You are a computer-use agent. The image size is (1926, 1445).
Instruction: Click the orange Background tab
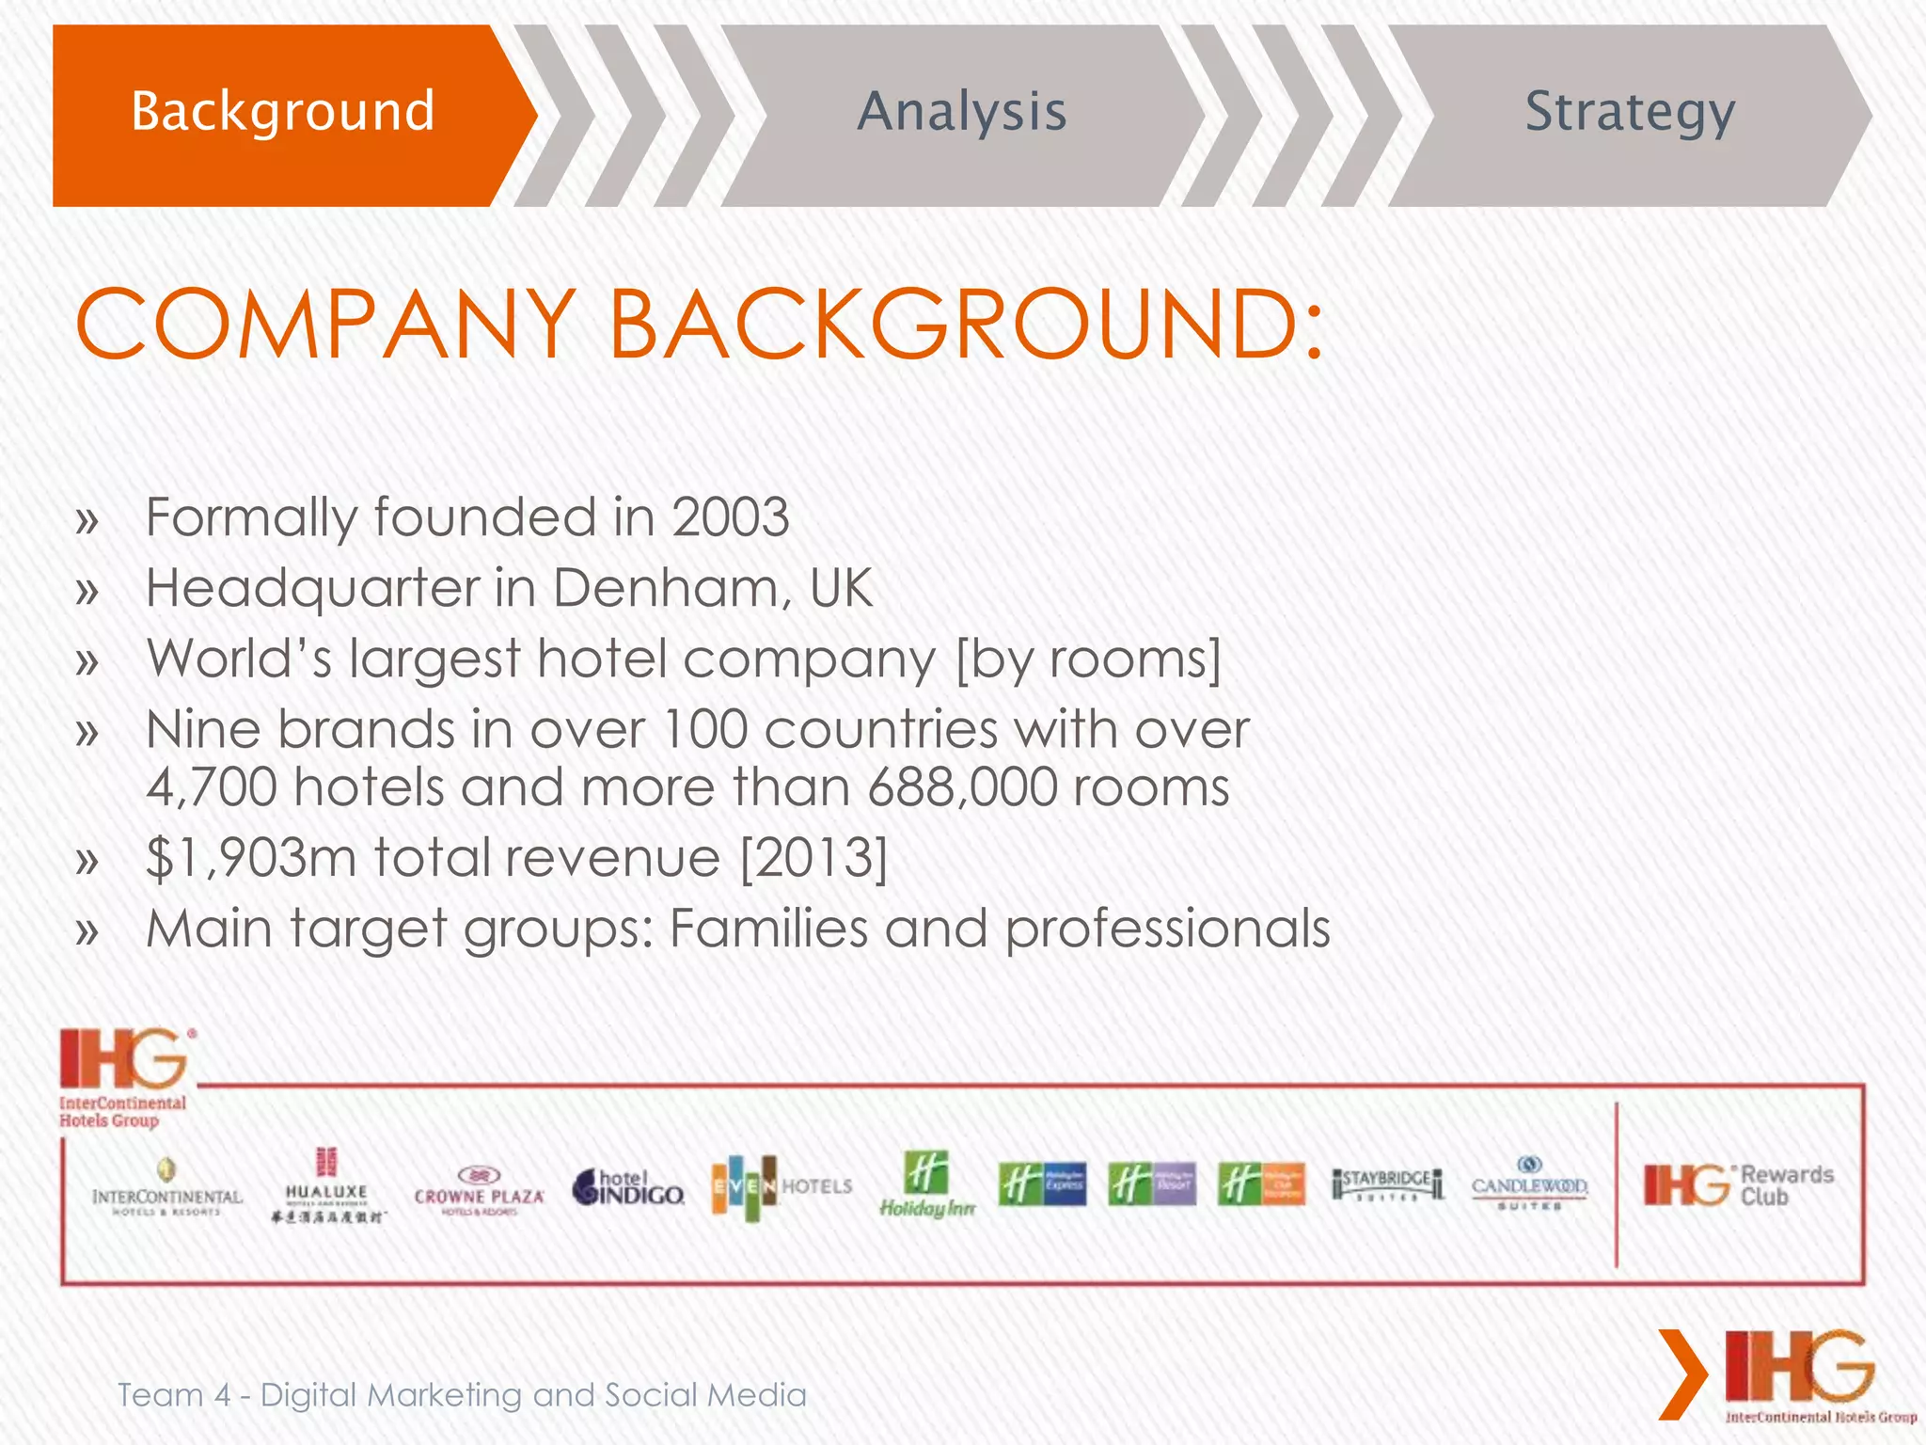[282, 113]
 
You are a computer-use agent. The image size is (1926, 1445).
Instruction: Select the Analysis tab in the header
[961, 113]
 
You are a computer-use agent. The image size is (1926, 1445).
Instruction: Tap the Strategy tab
[1629, 113]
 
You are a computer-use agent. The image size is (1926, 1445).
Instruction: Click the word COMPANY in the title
[324, 325]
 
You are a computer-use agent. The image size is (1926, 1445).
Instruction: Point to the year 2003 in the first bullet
[730, 517]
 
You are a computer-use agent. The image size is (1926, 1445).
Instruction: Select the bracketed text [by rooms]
[1087, 659]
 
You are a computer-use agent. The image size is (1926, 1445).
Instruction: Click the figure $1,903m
[251, 858]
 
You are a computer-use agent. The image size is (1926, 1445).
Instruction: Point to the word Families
[768, 929]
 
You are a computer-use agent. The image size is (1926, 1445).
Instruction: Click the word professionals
[1167, 929]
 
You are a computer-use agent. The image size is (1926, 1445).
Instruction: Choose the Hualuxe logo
[326, 1185]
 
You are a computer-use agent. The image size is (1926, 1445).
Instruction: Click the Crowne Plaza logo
[479, 1191]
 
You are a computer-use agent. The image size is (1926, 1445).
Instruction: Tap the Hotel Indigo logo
[627, 1187]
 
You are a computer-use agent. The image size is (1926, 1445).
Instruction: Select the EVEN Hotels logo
[781, 1187]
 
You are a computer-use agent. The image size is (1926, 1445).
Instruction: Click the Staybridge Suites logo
[1387, 1183]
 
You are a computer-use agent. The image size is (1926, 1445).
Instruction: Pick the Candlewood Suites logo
[1529, 1183]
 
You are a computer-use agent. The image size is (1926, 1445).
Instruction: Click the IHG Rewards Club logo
[1738, 1185]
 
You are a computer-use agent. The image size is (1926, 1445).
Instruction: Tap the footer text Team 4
[173, 1395]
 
